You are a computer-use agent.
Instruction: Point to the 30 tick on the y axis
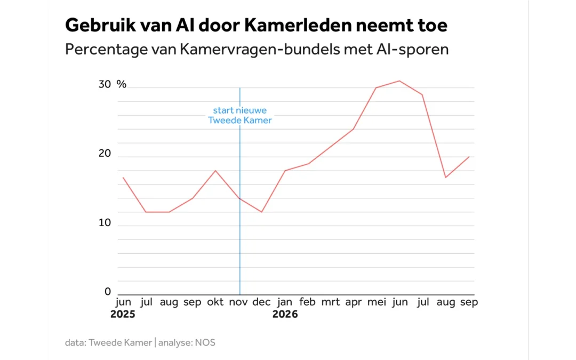(x=105, y=84)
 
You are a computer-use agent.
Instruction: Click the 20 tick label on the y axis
(x=105, y=153)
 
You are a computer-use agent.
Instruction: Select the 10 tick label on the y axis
(x=105, y=222)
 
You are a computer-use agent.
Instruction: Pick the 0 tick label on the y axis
(x=107, y=292)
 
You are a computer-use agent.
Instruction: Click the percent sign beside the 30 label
(x=122, y=84)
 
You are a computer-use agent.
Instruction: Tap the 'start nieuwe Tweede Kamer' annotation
(x=240, y=115)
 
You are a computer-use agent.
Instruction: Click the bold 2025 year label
(x=123, y=315)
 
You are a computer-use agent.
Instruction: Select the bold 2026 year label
(x=285, y=315)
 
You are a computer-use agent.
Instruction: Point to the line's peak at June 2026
(x=399, y=81)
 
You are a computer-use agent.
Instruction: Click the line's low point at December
(x=261, y=212)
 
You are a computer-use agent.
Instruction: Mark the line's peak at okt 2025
(x=215, y=171)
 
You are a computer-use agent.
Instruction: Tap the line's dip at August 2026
(x=445, y=178)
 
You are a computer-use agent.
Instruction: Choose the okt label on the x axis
(x=215, y=302)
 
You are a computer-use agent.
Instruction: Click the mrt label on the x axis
(x=331, y=302)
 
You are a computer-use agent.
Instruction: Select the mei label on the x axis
(x=377, y=302)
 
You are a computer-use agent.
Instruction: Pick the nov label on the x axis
(x=238, y=302)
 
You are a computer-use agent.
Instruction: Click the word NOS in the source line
(x=205, y=343)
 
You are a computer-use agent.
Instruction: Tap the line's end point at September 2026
(x=469, y=157)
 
